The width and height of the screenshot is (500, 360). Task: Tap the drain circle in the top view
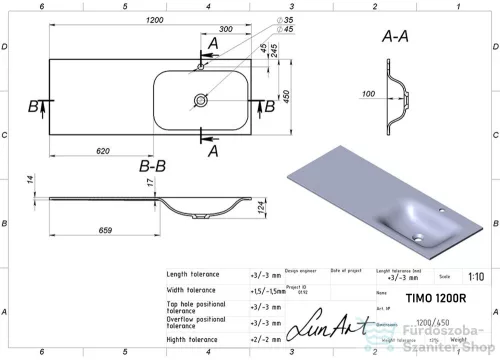pyautogui.click(x=201, y=100)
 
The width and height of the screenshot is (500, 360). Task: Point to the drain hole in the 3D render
pyautogui.click(x=416, y=236)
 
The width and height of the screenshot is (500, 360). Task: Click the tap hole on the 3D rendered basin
pyautogui.click(x=441, y=212)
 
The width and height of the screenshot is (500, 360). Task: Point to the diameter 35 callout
pyautogui.click(x=288, y=20)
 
